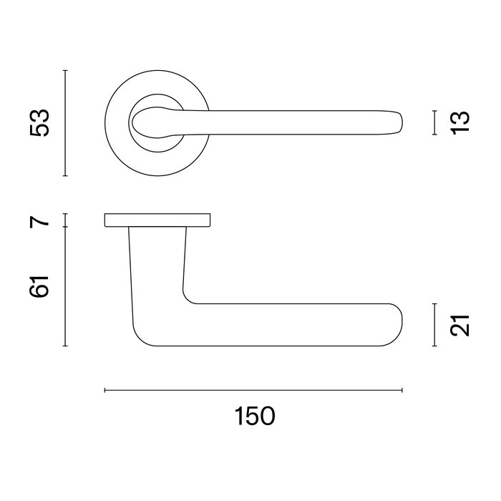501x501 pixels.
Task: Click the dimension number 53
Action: [40, 122]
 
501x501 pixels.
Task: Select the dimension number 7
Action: [41, 220]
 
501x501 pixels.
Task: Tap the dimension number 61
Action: [41, 286]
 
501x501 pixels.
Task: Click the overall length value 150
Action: [254, 416]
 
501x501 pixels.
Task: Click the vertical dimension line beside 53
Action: [65, 122]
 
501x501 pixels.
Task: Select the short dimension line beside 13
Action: [434, 122]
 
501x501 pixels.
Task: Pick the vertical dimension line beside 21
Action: [434, 325]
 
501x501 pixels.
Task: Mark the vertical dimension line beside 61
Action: [65, 286]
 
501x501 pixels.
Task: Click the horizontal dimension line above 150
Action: [254, 390]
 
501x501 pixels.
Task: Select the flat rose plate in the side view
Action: [157, 220]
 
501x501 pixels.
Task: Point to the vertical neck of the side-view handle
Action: [157, 265]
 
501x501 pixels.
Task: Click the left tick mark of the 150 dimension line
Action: [105, 390]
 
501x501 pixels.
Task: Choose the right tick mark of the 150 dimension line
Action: [402, 390]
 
